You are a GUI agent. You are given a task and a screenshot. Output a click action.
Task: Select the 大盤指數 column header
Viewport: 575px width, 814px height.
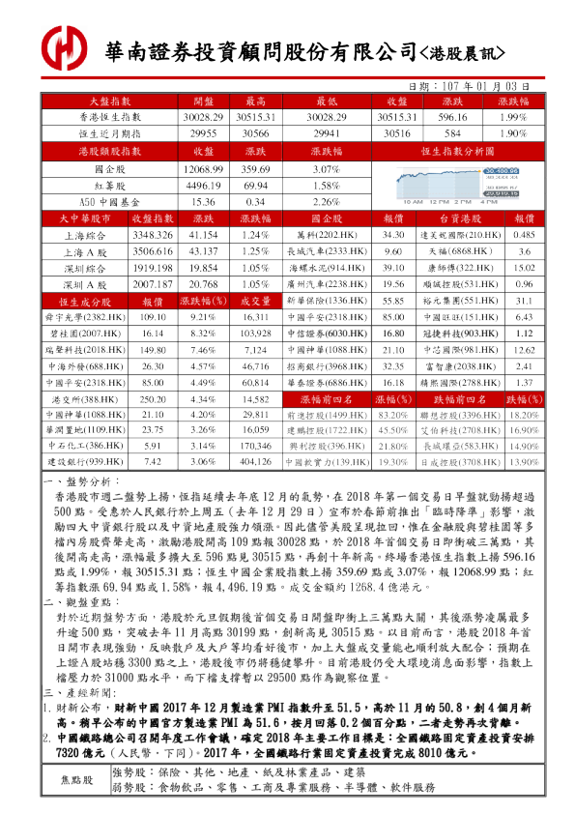point(110,102)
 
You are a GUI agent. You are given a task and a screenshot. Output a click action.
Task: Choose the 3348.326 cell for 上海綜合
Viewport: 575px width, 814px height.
point(150,235)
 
